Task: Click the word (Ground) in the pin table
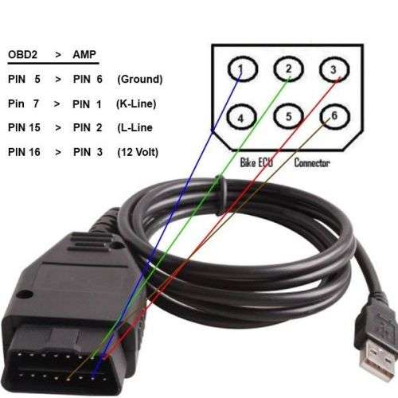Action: pos(140,79)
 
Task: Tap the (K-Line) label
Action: pos(136,103)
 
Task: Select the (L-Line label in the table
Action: pos(135,127)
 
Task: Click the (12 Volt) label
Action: pos(138,152)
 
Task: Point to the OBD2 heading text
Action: pos(23,54)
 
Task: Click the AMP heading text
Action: pos(84,54)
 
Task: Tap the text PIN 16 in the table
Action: pos(24,152)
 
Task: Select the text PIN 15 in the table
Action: pos(24,127)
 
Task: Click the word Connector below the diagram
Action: pos(312,162)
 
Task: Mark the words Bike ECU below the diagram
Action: pos(256,162)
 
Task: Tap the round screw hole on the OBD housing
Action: pos(25,294)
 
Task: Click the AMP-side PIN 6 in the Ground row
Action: pos(88,79)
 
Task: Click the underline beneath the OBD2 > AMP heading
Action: pos(53,64)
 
